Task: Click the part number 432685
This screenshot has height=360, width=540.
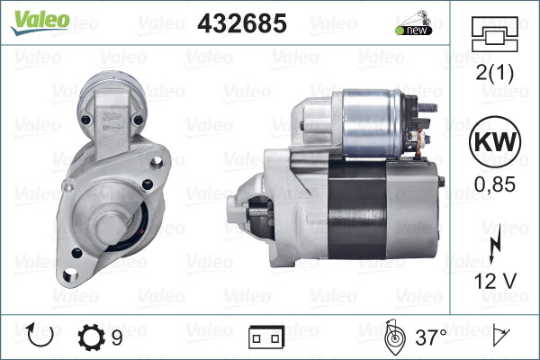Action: pos(241,23)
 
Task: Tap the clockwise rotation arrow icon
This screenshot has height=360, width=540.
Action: pos(41,337)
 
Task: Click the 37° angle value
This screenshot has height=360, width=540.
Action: pos(430,337)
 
